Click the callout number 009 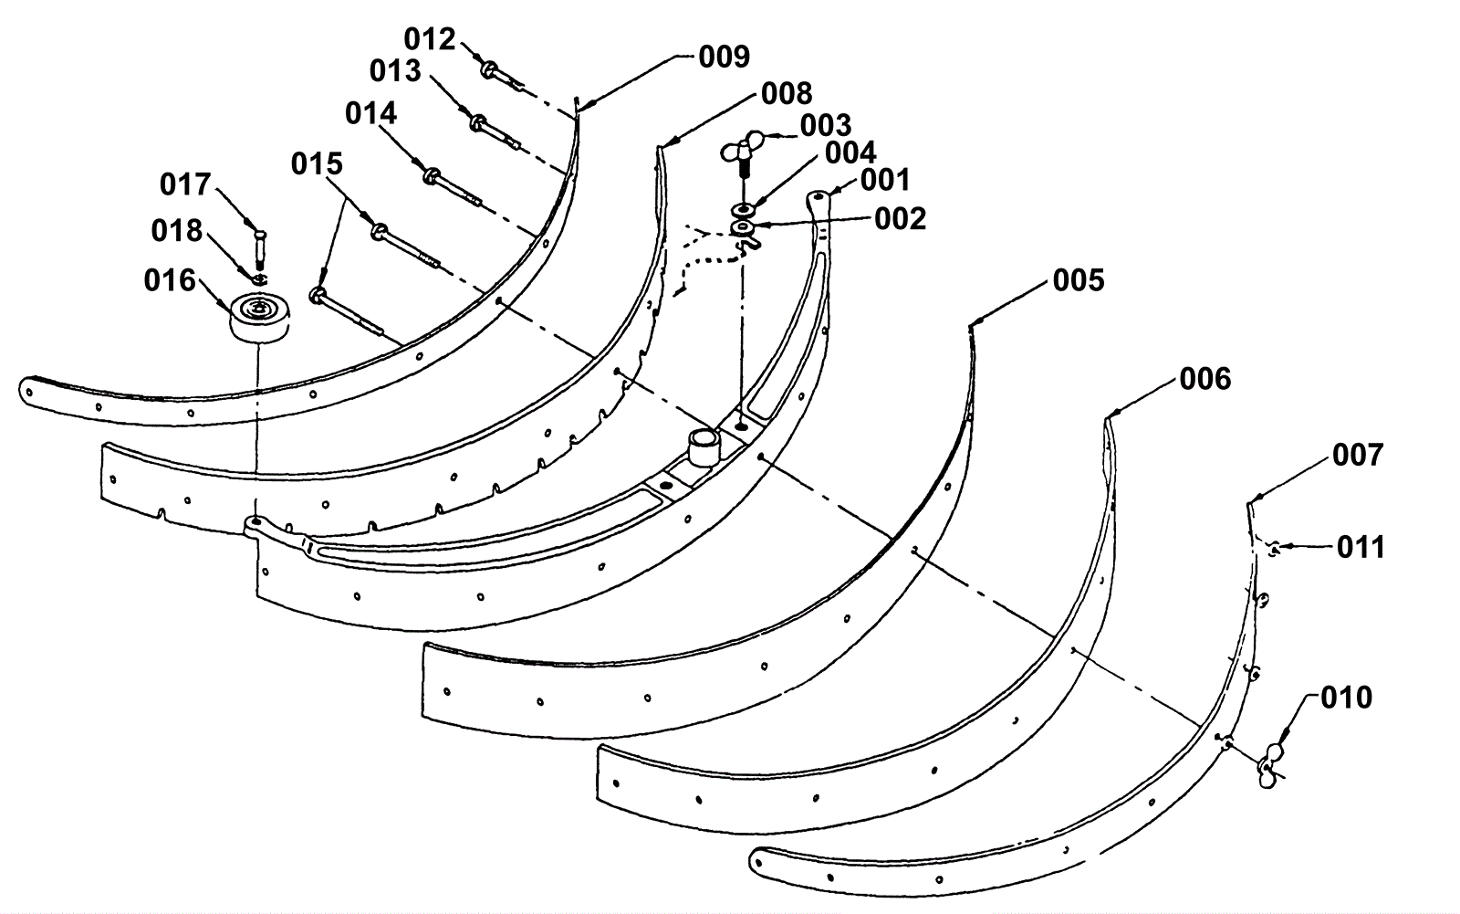pyautogui.click(x=725, y=58)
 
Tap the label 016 pyautogui.click(x=170, y=281)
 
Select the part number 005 pyautogui.click(x=1079, y=280)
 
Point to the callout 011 pyautogui.click(x=1361, y=547)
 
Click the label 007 pyautogui.click(x=1358, y=456)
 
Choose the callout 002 pyautogui.click(x=900, y=219)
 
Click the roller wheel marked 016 pyautogui.click(x=259, y=318)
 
